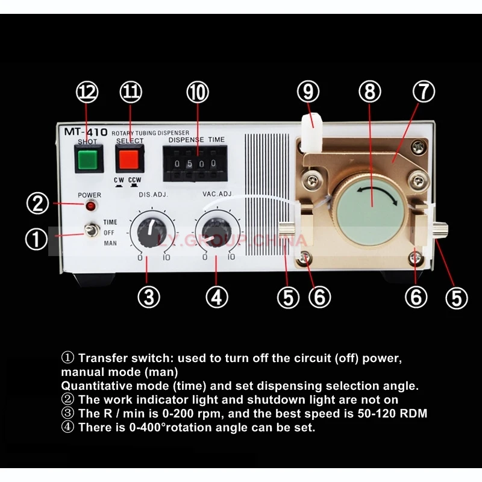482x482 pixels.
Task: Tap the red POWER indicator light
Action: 91,206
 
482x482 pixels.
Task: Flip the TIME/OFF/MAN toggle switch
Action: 92,231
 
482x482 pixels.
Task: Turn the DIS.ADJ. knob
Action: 149,231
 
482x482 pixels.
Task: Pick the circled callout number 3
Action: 149,296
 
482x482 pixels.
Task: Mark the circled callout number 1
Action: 36,240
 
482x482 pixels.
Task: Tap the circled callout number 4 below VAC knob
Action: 217,296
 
